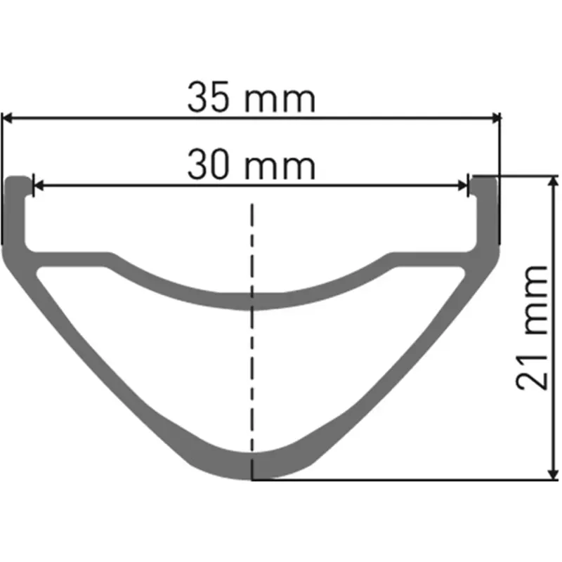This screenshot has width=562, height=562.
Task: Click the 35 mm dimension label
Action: pos(251,99)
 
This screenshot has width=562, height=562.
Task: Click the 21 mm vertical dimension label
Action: pos(532,327)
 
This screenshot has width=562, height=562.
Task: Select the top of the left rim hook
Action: pos(19,178)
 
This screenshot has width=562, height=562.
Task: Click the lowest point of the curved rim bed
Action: pos(251,302)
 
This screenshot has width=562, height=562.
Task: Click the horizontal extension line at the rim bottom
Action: pos(400,481)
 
